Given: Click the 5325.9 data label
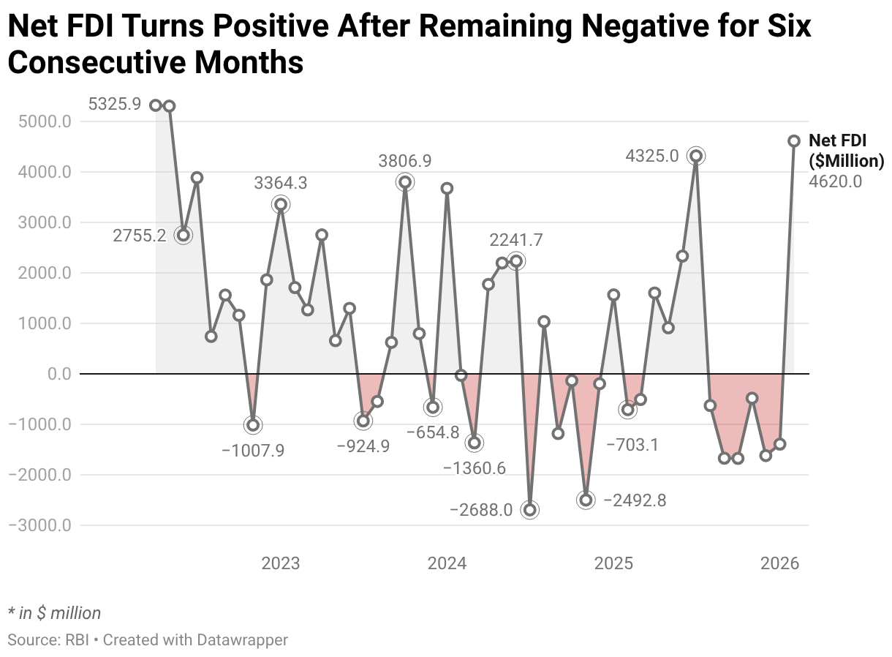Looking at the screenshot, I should (115, 105).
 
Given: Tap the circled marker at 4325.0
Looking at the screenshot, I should (696, 156).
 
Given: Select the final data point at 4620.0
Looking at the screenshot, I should (794, 140).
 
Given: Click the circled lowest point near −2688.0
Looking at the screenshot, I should (530, 510).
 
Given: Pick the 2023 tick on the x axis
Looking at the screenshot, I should (281, 563).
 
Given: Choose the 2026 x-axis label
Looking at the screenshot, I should (780, 563).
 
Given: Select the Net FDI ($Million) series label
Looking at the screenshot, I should (846, 151).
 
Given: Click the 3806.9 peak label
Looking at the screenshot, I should (405, 160).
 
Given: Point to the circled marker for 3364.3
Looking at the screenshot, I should (281, 205).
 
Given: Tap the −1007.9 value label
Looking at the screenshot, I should (253, 450).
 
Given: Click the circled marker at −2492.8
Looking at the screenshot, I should (586, 500).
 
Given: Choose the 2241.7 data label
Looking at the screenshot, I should (516, 240).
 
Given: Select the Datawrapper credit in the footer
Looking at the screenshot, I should (195, 640).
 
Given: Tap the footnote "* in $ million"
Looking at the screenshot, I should (54, 613).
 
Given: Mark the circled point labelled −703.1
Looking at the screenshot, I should (627, 410).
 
